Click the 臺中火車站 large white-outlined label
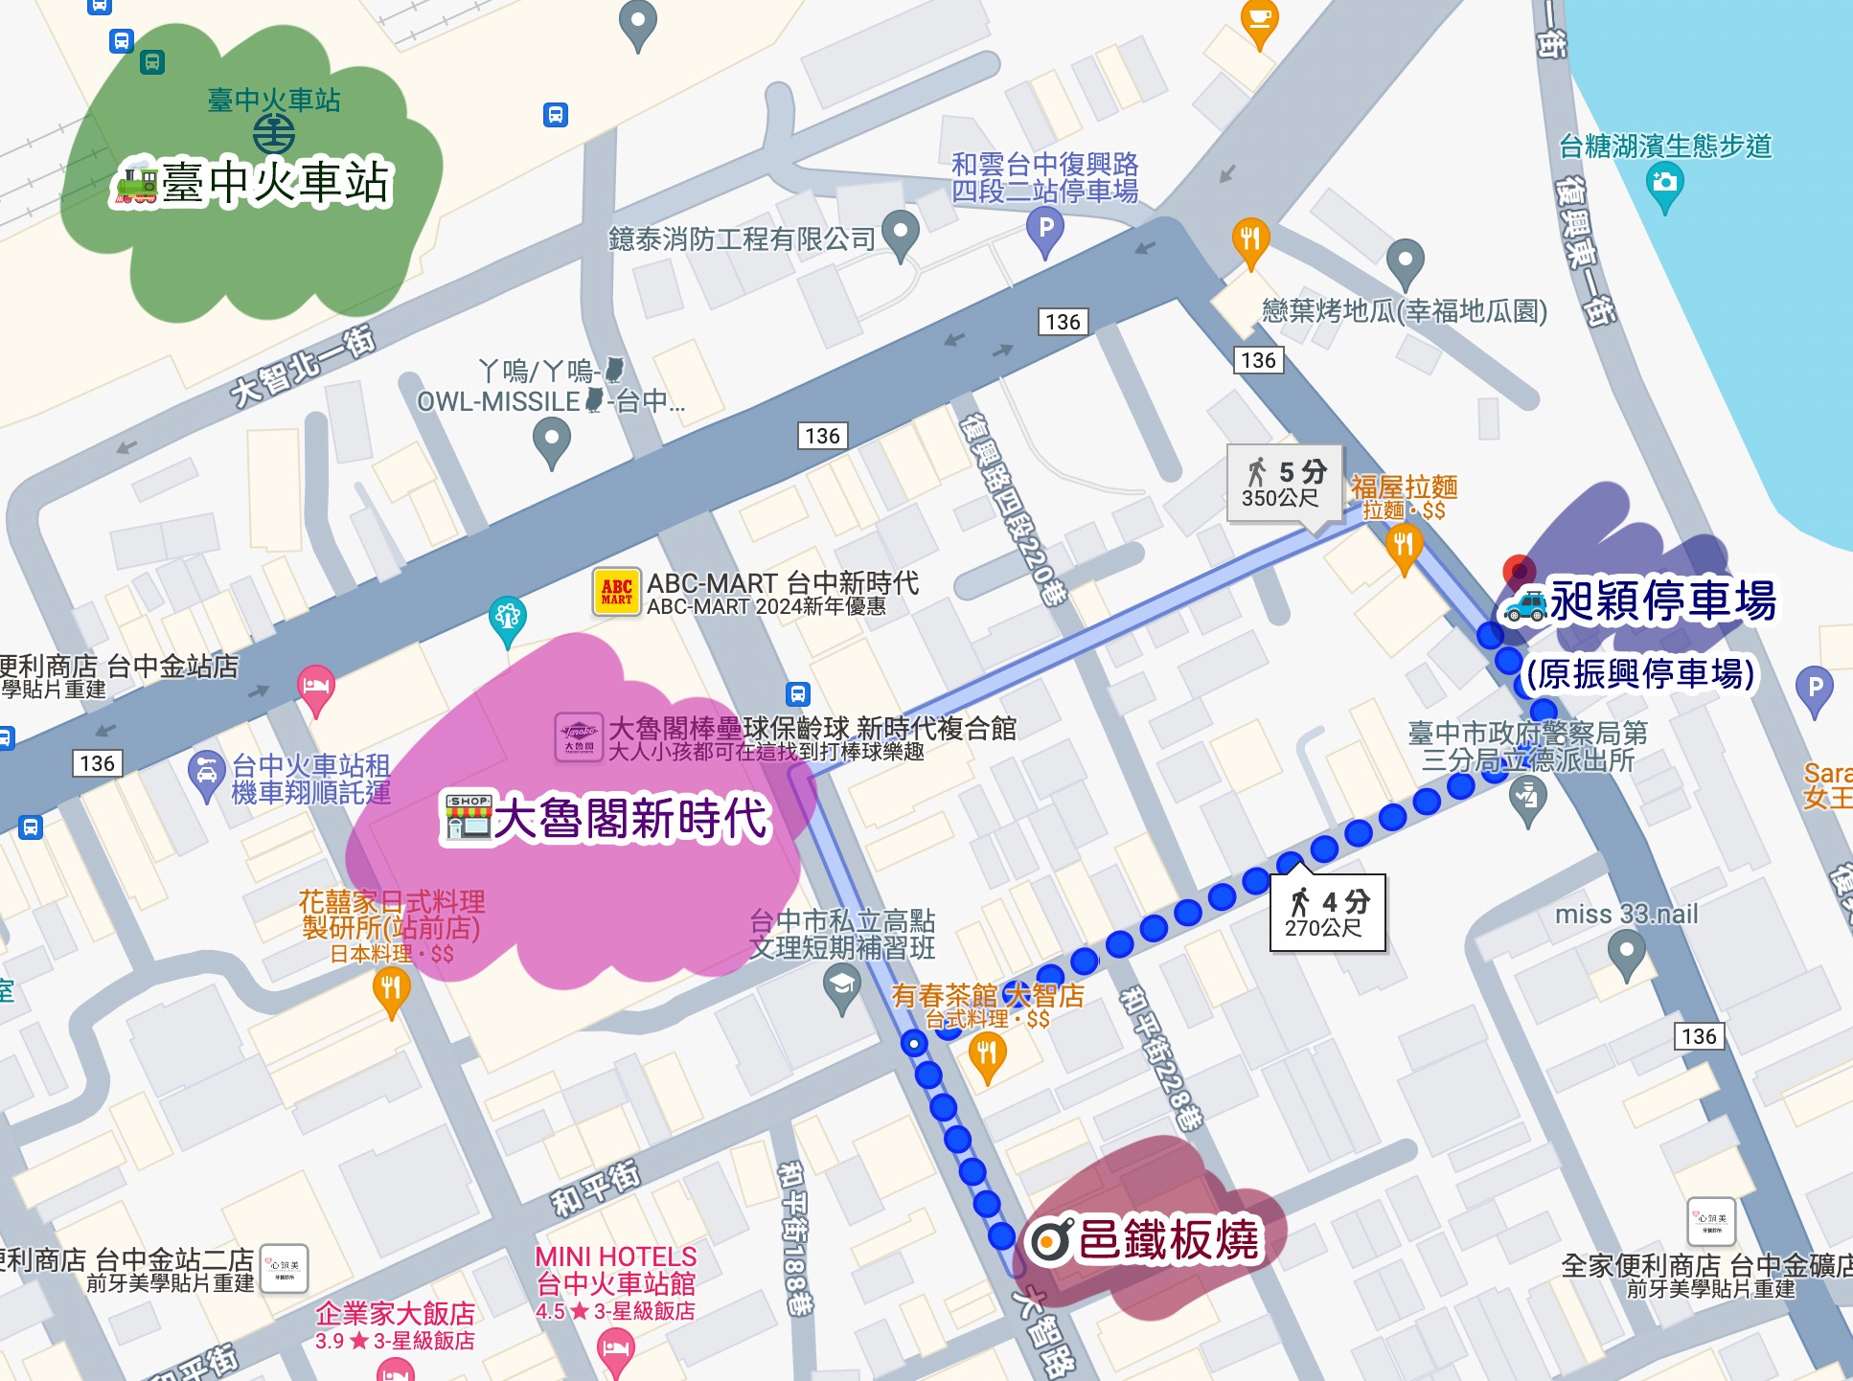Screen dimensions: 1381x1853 [254, 182]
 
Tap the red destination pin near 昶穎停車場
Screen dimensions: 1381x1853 [1519, 572]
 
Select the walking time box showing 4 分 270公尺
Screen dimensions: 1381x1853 [1327, 913]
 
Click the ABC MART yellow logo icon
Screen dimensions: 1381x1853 [617, 592]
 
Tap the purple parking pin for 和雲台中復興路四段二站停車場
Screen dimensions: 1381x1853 [1045, 231]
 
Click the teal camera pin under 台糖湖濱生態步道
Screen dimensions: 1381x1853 [1664, 184]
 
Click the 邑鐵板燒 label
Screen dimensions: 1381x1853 [1145, 1240]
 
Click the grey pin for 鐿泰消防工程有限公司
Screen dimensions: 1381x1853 [900, 233]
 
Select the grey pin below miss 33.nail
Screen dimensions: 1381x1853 [1626, 954]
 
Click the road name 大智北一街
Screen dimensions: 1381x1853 [303, 366]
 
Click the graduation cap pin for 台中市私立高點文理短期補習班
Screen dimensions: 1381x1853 [841, 986]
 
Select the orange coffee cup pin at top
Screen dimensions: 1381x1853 [1259, 20]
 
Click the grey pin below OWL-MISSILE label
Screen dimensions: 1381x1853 [551, 442]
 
